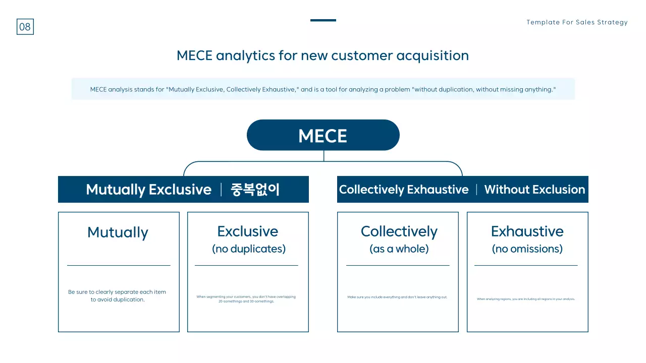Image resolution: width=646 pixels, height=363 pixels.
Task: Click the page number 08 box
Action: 25,27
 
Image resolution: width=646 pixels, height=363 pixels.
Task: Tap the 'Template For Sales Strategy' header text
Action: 577,22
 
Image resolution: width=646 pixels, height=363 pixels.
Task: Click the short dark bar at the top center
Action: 323,20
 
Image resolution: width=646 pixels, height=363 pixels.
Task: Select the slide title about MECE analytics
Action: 322,55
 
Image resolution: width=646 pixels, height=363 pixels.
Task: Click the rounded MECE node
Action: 323,135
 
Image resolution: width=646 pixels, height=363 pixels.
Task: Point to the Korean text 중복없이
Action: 255,190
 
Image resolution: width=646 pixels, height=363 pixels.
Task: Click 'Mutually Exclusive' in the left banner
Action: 148,190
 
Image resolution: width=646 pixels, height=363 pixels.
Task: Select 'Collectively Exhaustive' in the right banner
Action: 404,190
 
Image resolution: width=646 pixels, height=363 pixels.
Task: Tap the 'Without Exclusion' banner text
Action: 534,190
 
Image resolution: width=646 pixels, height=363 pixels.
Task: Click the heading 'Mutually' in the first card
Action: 118,232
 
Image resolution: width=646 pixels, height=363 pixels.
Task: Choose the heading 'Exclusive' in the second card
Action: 247,231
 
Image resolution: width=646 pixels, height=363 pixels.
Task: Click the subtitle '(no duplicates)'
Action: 248,249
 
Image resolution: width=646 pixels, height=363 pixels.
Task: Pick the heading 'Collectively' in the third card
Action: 399,231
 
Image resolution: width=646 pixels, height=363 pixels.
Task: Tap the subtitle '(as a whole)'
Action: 399,249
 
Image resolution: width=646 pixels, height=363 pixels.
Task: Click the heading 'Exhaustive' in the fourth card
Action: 527,231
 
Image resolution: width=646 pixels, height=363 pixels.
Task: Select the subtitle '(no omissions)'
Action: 527,249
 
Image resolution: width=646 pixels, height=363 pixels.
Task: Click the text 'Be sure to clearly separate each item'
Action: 117,292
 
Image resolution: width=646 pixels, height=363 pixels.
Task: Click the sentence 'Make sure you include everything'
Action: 397,297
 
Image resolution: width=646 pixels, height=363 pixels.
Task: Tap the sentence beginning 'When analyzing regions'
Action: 526,299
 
